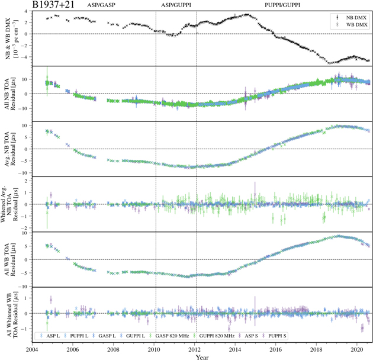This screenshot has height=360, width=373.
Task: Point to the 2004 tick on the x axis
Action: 33,349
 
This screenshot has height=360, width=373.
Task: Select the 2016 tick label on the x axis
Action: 276,349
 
